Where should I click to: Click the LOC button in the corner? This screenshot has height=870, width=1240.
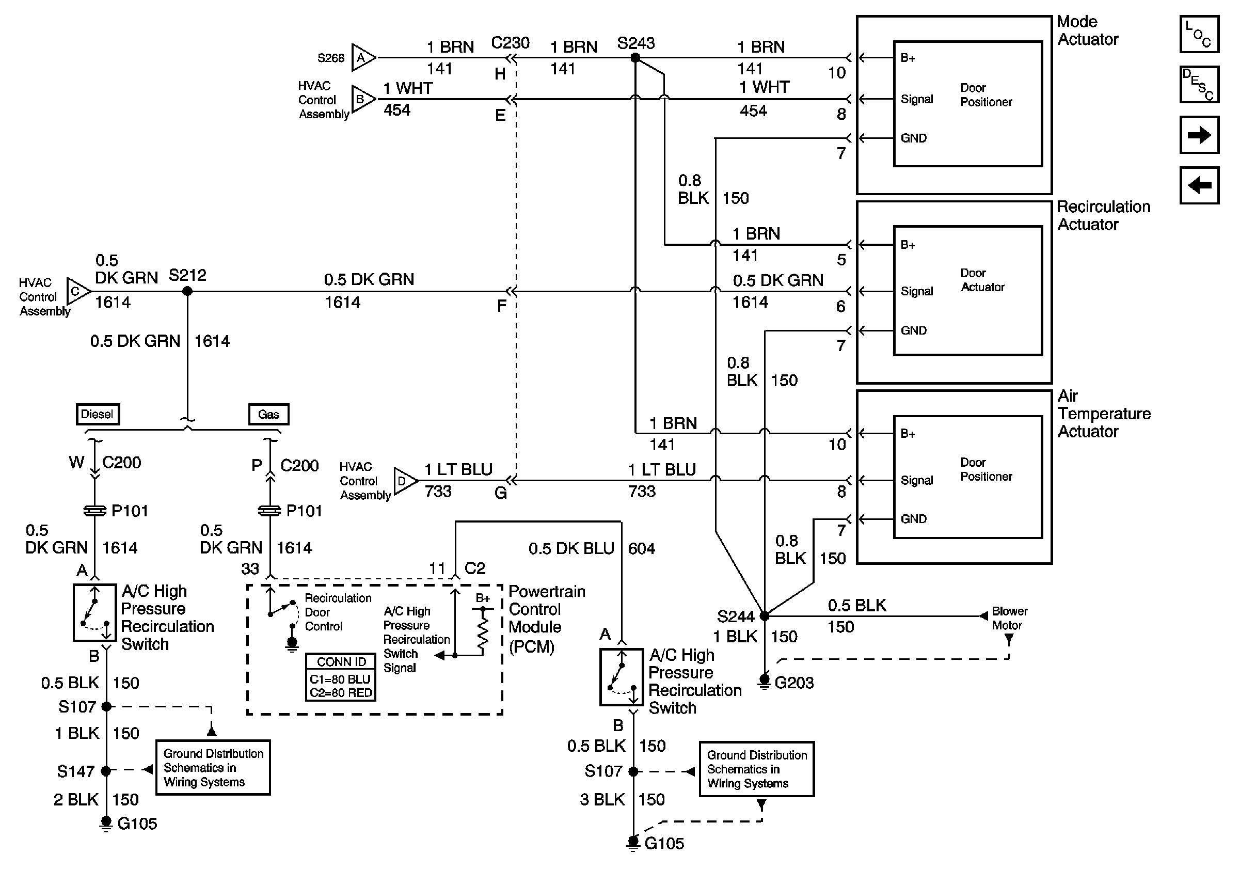click(1199, 34)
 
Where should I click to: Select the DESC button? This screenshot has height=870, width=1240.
click(1199, 84)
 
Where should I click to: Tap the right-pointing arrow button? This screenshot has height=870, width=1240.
click(1199, 134)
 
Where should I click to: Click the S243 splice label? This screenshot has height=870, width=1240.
click(635, 43)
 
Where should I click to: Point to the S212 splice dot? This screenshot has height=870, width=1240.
click(187, 291)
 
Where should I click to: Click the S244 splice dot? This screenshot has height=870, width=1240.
click(764, 615)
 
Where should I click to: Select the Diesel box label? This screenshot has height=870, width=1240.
click(98, 414)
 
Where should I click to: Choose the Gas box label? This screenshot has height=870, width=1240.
click(268, 414)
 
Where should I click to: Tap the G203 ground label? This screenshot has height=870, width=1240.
click(793, 683)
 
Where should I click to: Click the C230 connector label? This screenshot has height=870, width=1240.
click(510, 43)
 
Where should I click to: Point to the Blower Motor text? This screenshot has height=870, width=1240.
click(1009, 619)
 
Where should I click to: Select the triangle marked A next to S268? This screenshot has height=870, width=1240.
click(362, 57)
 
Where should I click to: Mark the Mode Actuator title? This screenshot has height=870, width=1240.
click(1087, 30)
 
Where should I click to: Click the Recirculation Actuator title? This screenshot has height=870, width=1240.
click(1103, 215)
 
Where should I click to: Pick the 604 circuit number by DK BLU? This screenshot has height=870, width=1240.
click(641, 549)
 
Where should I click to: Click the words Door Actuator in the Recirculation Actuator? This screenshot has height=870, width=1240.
click(982, 280)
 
